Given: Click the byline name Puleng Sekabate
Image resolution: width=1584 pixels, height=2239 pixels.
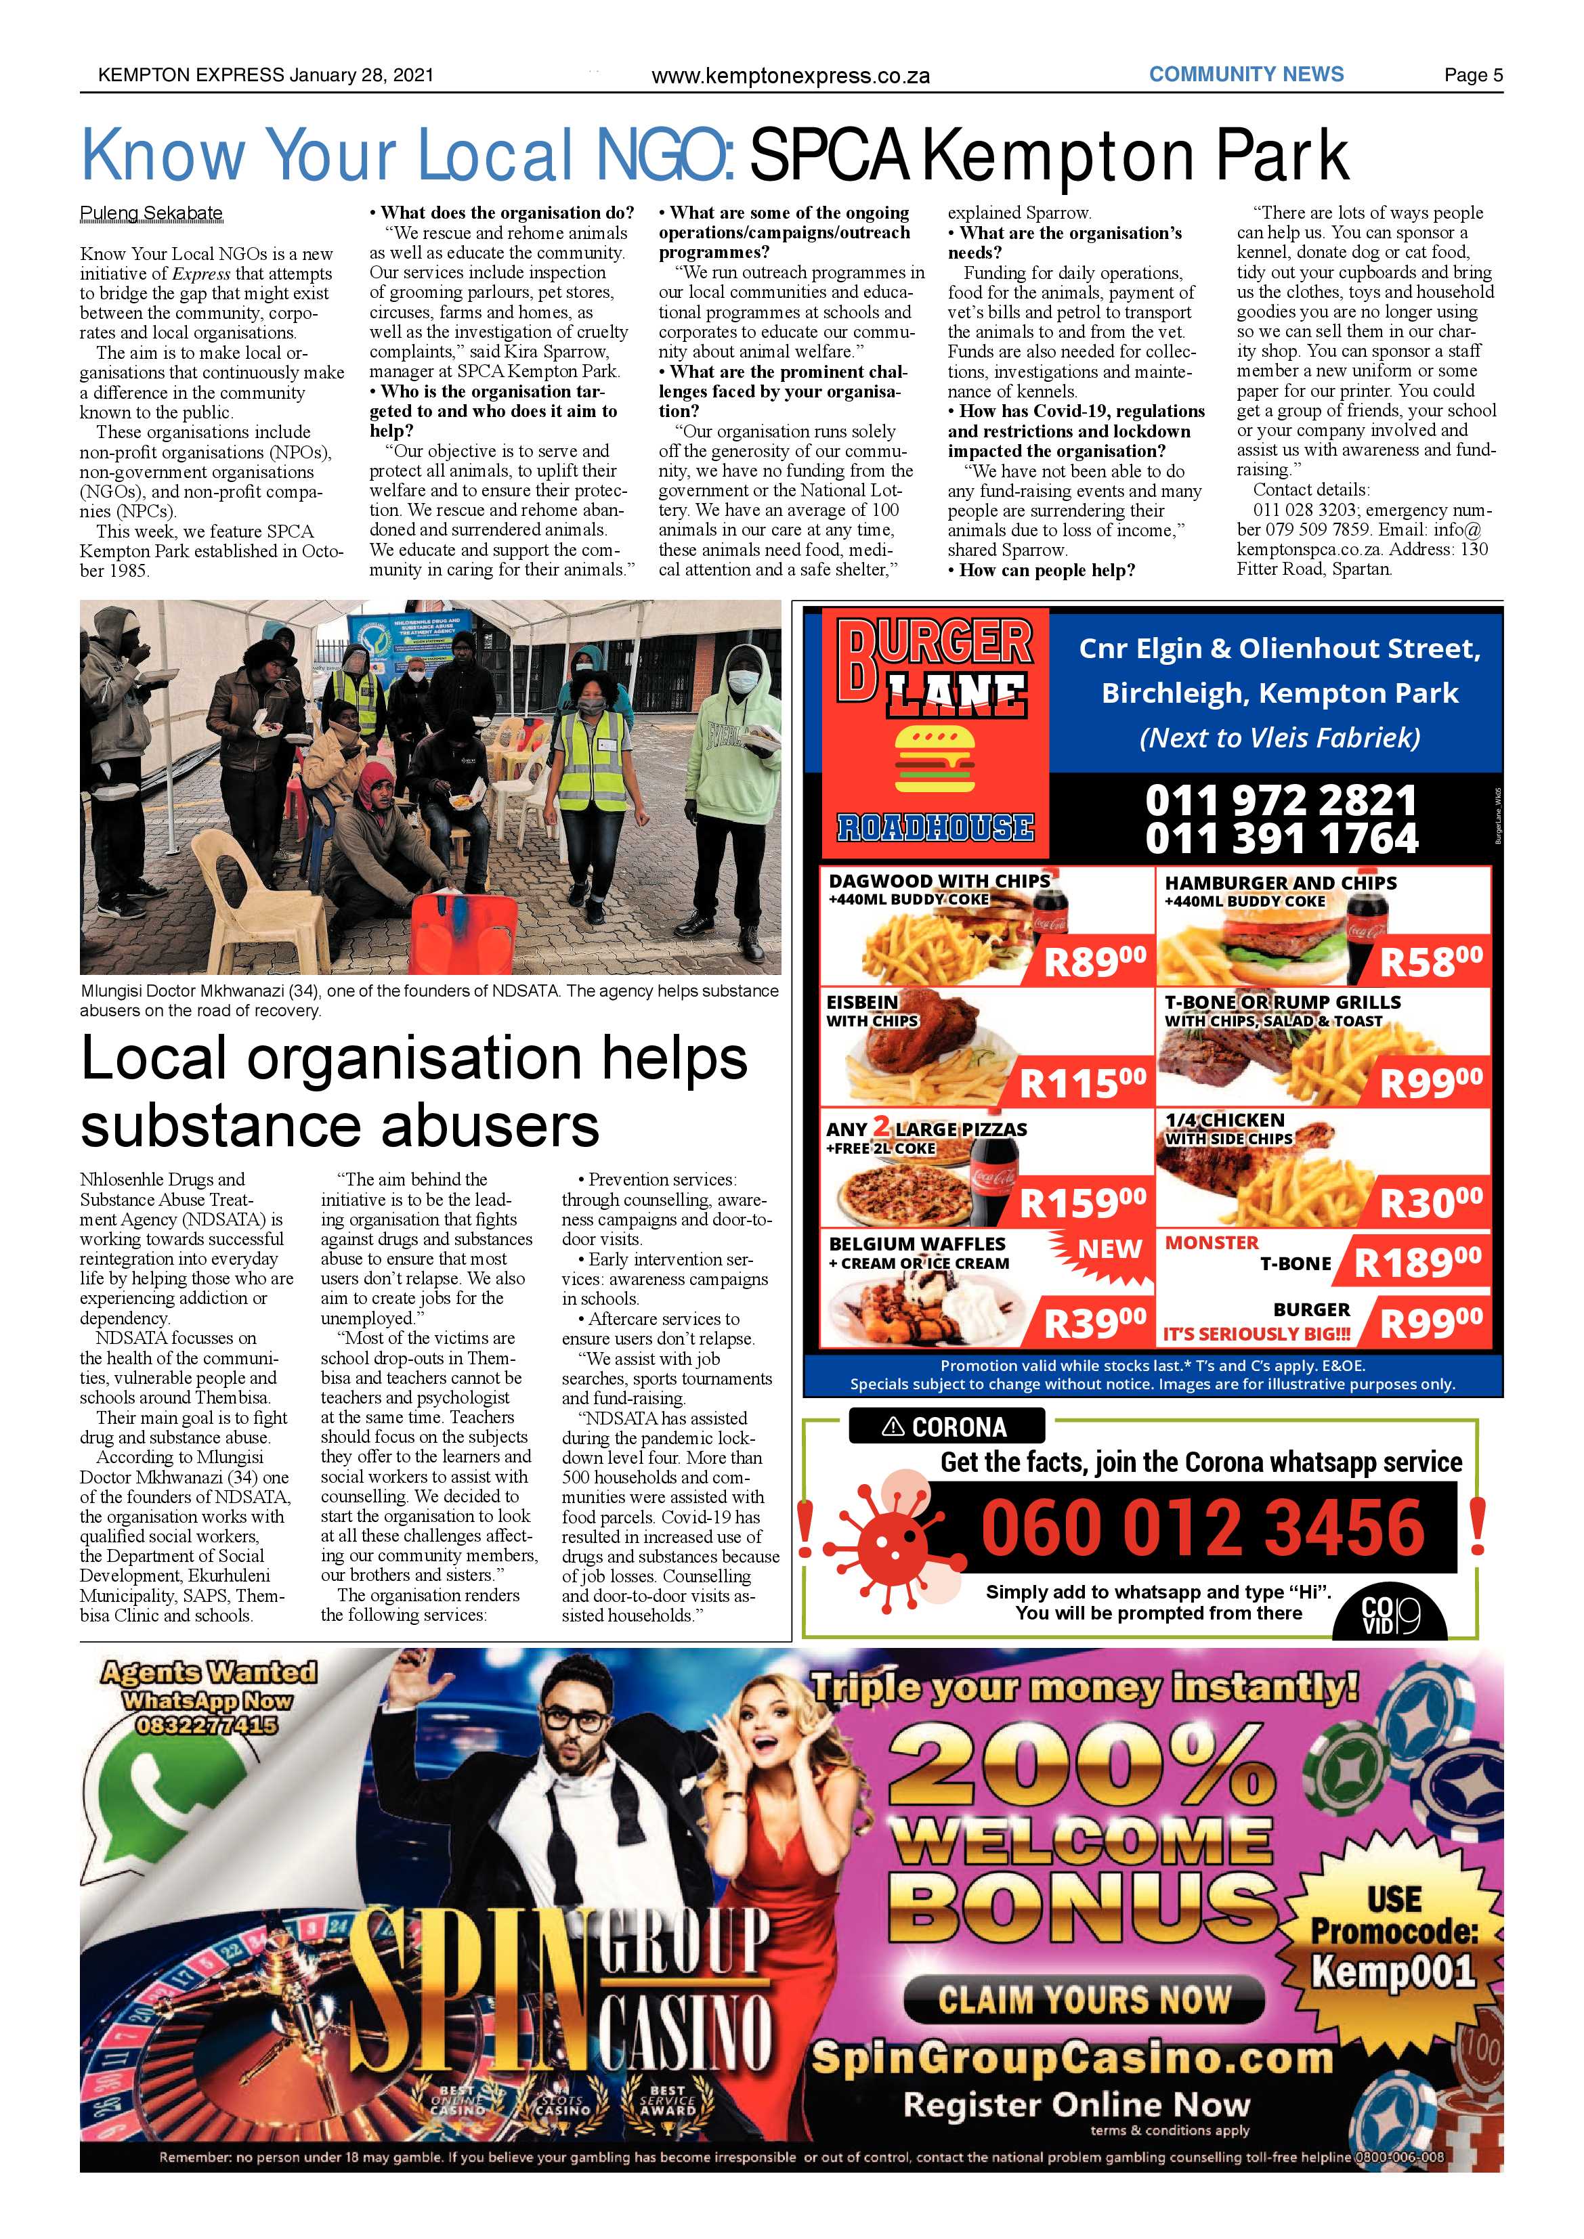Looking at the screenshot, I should click(151, 213).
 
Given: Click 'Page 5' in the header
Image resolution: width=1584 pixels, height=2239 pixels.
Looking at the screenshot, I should click(1473, 75).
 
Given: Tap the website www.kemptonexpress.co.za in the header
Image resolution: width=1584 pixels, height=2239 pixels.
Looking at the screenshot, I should click(790, 76).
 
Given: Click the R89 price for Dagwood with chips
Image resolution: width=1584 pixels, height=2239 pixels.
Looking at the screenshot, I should click(1094, 963).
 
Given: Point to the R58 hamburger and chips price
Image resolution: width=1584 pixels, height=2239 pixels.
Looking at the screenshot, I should click(1430, 963).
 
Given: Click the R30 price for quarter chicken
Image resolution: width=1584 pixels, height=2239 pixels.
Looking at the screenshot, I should click(1430, 1203).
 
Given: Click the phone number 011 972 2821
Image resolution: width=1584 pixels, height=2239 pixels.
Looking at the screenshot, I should click(1281, 801).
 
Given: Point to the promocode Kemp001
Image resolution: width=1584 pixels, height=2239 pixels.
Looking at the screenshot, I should click(1392, 1971).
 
